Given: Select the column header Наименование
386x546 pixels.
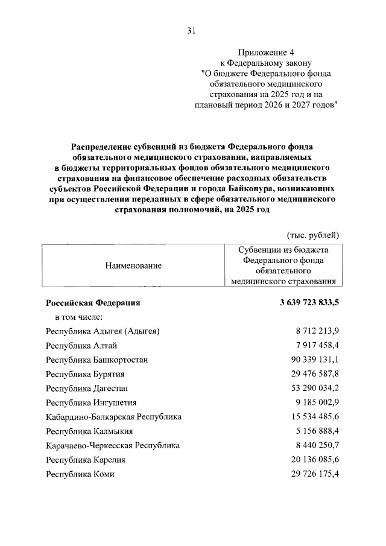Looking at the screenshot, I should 133,265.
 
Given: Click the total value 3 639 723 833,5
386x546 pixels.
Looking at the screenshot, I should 301,302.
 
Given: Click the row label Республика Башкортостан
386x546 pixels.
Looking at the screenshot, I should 96,360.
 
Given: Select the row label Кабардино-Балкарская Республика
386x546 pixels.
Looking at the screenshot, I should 113,417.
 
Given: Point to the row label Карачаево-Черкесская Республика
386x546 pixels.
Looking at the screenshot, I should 113,446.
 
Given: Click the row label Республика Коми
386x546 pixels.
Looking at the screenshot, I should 80,474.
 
